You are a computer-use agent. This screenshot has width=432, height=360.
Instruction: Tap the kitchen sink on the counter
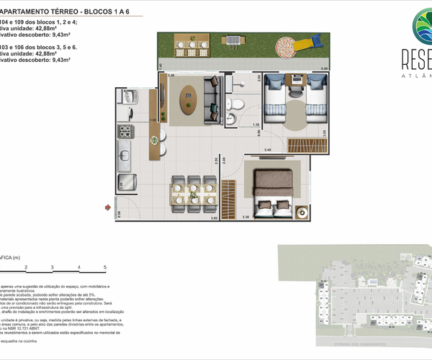(x=123, y=154)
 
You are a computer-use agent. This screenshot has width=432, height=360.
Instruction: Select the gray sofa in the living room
(x=212, y=101)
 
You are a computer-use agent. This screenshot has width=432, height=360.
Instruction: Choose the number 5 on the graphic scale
(x=105, y=267)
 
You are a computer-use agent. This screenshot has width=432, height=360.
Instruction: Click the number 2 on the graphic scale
(x=26, y=267)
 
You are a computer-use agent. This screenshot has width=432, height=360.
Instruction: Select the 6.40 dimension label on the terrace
(x=324, y=68)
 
